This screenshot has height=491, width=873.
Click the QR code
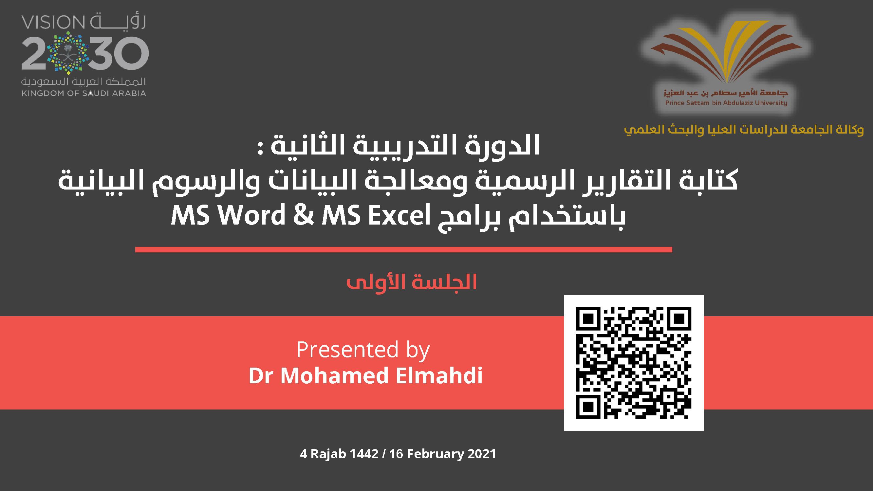click(x=634, y=363)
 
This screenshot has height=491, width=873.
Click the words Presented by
click(x=363, y=350)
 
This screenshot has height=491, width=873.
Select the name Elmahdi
click(x=439, y=375)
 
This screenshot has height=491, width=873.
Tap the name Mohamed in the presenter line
click(x=334, y=375)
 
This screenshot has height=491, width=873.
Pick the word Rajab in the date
click(x=328, y=454)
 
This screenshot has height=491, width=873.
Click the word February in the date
click(x=435, y=454)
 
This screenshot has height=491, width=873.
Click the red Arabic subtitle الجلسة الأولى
click(x=411, y=282)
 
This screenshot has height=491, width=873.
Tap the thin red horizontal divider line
click(x=403, y=250)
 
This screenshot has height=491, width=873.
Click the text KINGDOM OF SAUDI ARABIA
click(x=84, y=93)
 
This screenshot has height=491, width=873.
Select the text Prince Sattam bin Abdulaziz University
click(x=726, y=103)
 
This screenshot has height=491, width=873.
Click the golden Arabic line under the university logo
click(x=744, y=129)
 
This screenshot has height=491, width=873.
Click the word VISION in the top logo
click(x=53, y=22)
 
